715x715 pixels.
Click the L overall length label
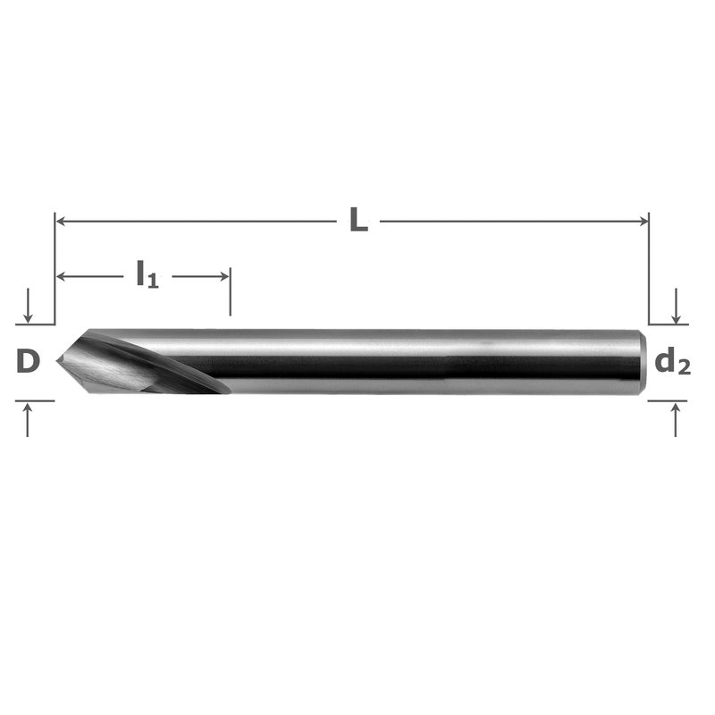coord(359,220)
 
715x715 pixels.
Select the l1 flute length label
coord(147,274)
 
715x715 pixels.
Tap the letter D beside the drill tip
coord(28,361)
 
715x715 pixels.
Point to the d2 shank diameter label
coord(672,362)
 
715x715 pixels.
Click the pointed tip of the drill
coord(56,361)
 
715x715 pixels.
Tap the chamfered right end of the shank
coord(643,361)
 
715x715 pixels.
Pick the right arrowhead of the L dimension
coord(643,222)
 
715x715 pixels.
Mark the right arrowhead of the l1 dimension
coord(224,276)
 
